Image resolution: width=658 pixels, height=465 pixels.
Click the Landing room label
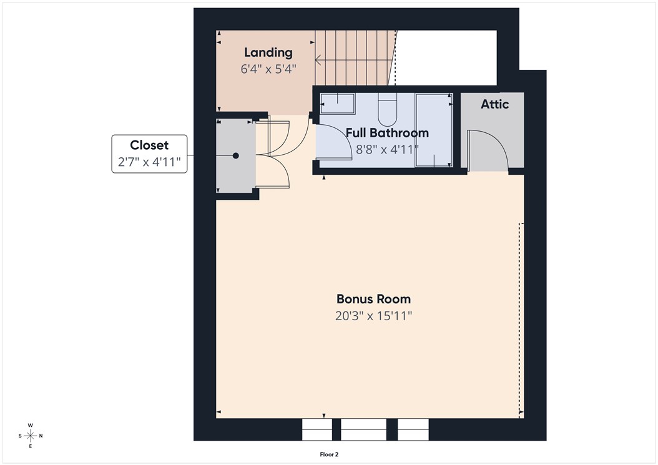coord(268,52)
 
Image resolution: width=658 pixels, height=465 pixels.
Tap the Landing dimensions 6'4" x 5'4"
coord(268,69)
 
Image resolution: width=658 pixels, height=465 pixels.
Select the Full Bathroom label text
coord(387,133)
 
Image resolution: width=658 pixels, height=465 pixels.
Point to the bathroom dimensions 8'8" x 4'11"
coord(387,149)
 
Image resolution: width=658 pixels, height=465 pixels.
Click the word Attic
coord(494,104)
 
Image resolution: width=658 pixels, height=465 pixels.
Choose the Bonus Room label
coord(373,299)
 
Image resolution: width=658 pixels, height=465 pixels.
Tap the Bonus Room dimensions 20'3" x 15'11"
coord(373,316)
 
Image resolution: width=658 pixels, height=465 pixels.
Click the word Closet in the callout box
coord(149,145)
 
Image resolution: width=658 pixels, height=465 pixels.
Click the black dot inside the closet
coord(236,156)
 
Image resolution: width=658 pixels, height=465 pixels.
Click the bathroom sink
coord(337,104)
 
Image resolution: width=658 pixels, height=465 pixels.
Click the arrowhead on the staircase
coord(318,61)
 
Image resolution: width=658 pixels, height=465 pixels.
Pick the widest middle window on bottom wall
coord(363,429)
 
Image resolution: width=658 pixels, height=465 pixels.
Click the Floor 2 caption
coord(328,455)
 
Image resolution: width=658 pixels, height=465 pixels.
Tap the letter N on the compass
coord(41,435)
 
